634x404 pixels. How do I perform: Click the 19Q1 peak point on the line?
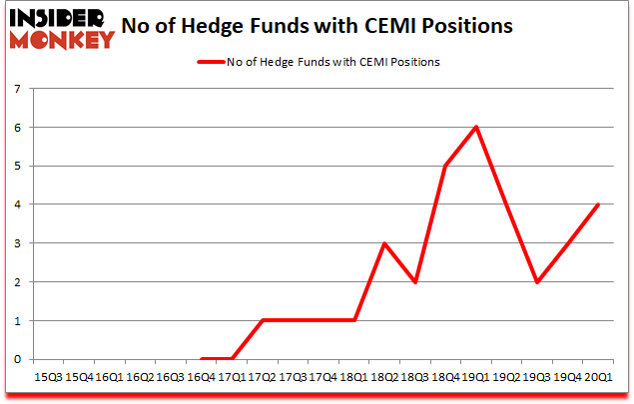476,127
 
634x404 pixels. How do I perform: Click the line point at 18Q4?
445,166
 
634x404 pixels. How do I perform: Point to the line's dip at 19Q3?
537,282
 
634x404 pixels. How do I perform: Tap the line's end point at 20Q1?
598,204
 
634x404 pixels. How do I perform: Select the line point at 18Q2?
384,243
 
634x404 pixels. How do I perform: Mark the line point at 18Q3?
414,282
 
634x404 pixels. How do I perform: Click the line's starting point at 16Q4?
201,359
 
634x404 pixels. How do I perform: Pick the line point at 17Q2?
262,320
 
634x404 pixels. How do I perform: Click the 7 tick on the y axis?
18,89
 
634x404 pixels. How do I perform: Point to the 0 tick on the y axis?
18,359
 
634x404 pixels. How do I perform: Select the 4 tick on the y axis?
18,204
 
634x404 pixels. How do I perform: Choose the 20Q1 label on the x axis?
598,377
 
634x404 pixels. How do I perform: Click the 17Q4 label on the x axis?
323,377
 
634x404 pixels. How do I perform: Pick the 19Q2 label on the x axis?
506,377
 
